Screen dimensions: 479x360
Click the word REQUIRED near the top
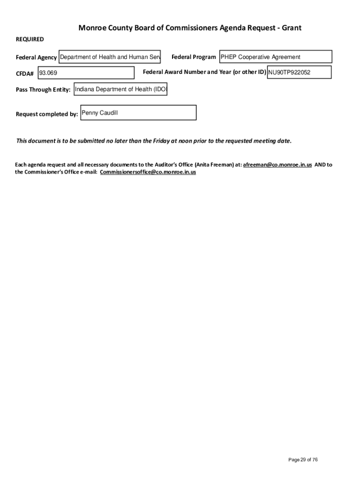point(30,39)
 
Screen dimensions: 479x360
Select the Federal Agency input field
point(110,57)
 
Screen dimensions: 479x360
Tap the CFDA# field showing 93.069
point(86,73)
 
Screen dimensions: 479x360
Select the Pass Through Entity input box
point(120,89)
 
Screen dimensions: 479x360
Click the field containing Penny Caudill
point(138,113)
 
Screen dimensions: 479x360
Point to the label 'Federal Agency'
point(36,58)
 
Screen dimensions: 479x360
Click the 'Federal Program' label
point(194,57)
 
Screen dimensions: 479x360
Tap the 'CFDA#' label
point(25,74)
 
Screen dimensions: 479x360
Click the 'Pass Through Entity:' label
point(43,90)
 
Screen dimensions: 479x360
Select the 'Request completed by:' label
point(47,114)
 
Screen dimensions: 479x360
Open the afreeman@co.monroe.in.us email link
point(277,165)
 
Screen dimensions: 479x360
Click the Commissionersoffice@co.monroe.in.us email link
point(148,172)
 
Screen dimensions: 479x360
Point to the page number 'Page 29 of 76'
point(303,460)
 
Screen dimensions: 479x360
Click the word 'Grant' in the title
point(291,28)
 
